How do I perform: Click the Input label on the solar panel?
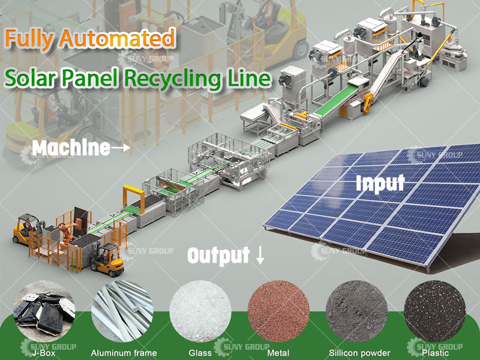click(x=380, y=182)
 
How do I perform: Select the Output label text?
click(x=218, y=256)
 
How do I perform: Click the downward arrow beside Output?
click(x=260, y=256)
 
